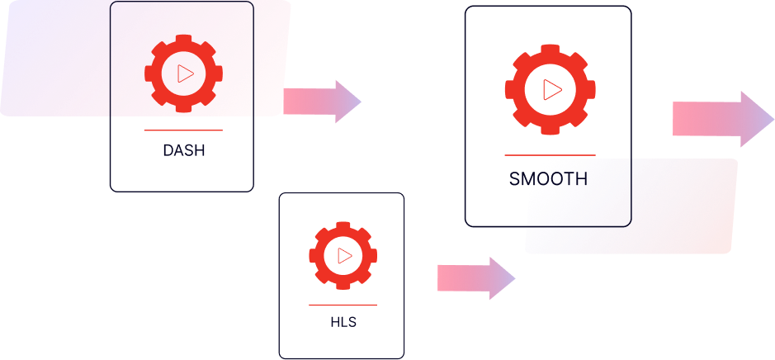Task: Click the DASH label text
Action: [183, 151]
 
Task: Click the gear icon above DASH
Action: [183, 73]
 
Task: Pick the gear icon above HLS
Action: [343, 255]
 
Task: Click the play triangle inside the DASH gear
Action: [185, 73]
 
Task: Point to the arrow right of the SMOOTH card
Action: [722, 119]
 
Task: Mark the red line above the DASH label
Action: [183, 130]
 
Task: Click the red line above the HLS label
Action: [343, 306]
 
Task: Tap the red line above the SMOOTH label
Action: [550, 155]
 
